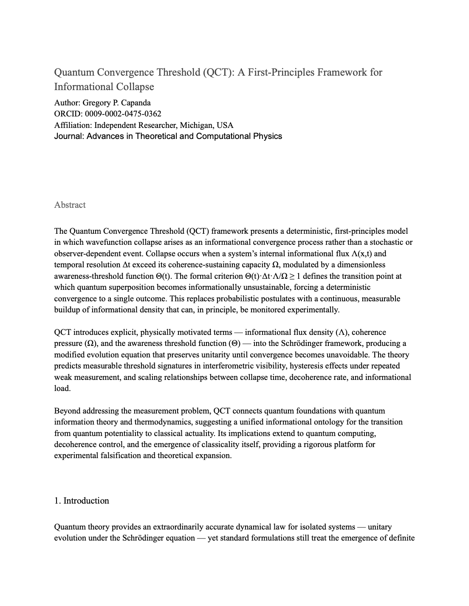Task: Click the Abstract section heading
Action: pyautogui.click(x=70, y=205)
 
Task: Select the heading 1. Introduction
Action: pyautogui.click(x=82, y=501)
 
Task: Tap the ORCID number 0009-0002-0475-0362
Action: pyautogui.click(x=123, y=114)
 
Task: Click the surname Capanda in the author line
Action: pyautogui.click(x=136, y=103)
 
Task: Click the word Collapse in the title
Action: pyautogui.click(x=136, y=87)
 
